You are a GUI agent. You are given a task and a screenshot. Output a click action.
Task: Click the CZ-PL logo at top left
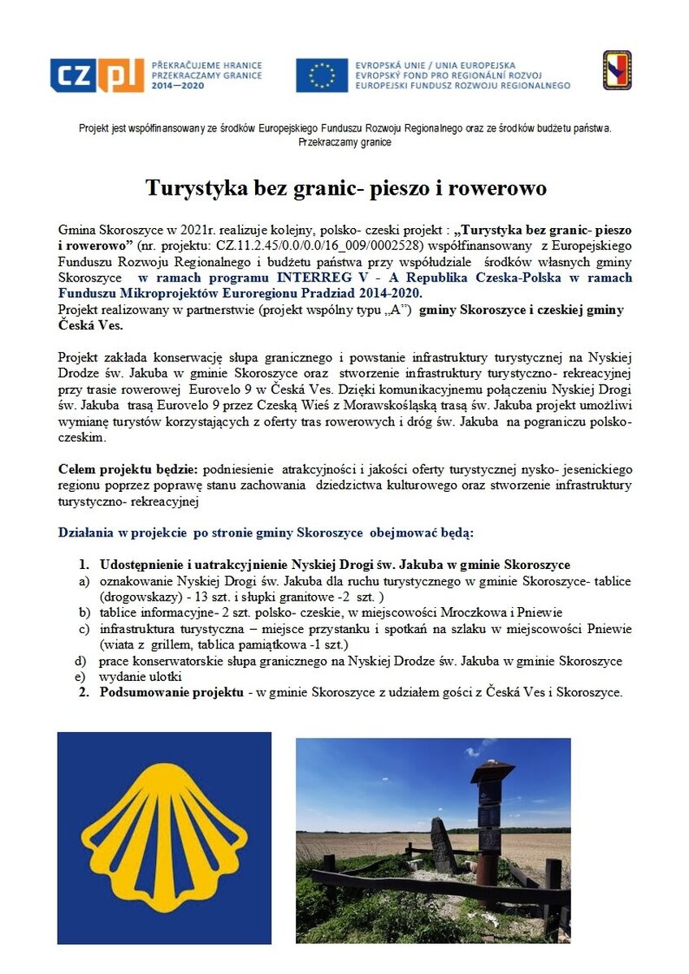pos(97,75)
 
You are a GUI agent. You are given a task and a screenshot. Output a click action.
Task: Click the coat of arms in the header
pos(617,70)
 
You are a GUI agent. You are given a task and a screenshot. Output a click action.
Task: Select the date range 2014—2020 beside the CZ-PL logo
pos(178,86)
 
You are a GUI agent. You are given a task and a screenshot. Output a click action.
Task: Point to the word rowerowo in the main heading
pos(495,188)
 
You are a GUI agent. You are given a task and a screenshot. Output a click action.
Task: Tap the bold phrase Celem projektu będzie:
pos(128,469)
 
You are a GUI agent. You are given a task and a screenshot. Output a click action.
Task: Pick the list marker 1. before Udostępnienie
pos(84,564)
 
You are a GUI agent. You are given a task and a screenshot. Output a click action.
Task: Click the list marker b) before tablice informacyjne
pos(84,613)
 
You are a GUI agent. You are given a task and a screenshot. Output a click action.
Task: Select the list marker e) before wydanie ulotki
pos(80,677)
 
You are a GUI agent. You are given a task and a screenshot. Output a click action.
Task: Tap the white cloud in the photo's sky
pos(479,745)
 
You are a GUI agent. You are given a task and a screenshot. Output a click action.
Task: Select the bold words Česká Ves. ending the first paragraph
pos(92,325)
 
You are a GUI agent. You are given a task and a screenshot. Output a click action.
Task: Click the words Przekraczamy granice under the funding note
pos(344,142)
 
